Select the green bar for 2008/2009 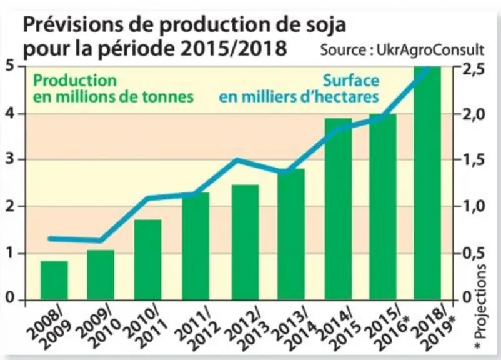pyautogui.click(x=54, y=281)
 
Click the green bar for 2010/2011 pyautogui.click(x=147, y=259)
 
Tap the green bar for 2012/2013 pyautogui.click(x=245, y=242)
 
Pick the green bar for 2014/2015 pyautogui.click(x=338, y=209)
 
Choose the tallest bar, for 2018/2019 pyautogui.click(x=427, y=183)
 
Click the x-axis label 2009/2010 pyautogui.click(x=99, y=327)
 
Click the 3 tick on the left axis pyautogui.click(x=11, y=159)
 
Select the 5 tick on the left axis pyautogui.click(x=11, y=67)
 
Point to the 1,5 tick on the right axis pyautogui.click(x=474, y=159)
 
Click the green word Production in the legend pyautogui.click(x=75, y=81)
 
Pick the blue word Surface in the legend pyautogui.click(x=351, y=81)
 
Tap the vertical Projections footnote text pyautogui.click(x=480, y=306)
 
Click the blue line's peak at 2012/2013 pyautogui.click(x=237, y=159)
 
